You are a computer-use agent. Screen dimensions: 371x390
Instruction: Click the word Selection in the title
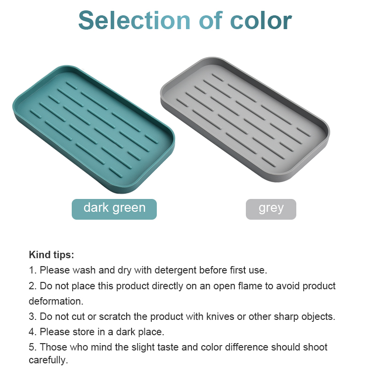[x=134, y=20]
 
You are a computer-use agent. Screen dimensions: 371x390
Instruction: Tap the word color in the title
[x=261, y=20]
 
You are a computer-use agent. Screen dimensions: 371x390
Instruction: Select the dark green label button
[x=114, y=209]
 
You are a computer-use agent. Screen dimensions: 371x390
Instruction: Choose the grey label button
[x=271, y=209]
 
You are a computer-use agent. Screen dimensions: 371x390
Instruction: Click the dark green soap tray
[x=93, y=129]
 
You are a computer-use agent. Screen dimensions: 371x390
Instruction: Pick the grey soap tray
[x=245, y=119]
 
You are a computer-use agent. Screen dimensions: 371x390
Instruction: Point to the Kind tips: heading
[x=51, y=255]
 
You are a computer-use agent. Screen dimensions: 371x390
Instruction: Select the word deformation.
[x=56, y=301]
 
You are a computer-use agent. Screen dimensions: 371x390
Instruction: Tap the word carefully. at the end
[x=48, y=360]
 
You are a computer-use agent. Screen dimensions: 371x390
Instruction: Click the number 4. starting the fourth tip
[x=33, y=332]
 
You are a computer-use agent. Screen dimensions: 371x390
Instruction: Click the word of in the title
[x=210, y=20]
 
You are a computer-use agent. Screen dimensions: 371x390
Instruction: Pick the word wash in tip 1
[x=84, y=270]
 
